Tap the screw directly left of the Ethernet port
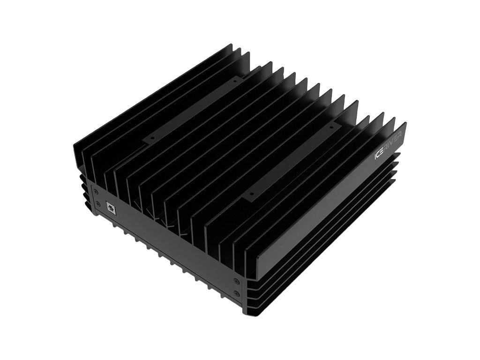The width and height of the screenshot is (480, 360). (97, 203)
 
